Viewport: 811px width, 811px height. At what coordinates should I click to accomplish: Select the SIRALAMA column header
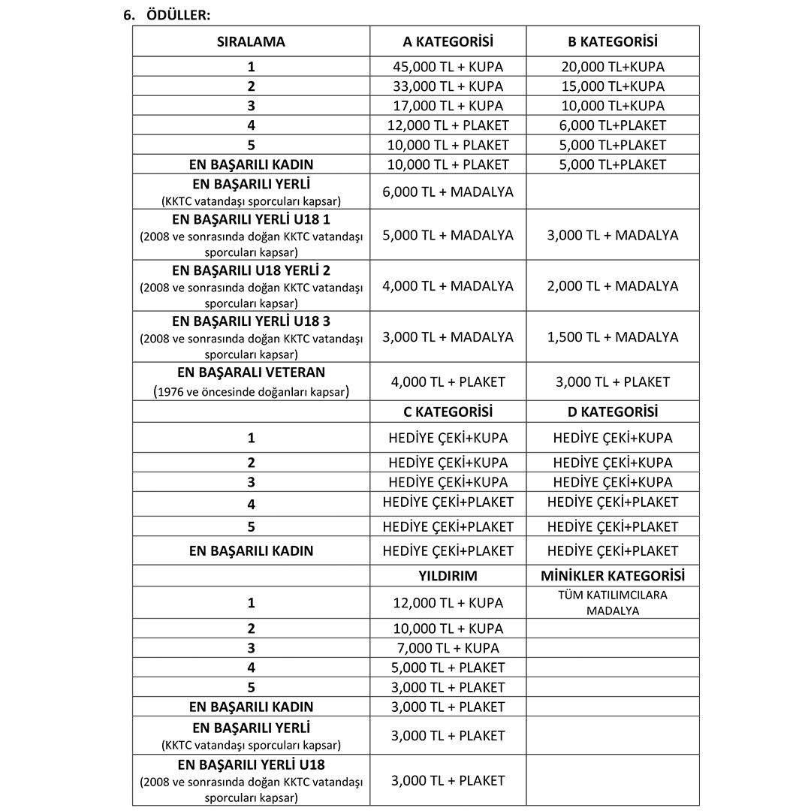tap(251, 42)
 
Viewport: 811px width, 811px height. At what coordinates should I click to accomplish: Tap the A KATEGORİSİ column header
tap(448, 42)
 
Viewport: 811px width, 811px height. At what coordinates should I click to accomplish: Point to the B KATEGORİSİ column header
tap(613, 42)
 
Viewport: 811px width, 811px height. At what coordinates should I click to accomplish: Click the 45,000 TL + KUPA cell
tap(448, 67)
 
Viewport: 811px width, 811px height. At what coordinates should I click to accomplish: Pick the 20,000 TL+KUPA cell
tap(613, 67)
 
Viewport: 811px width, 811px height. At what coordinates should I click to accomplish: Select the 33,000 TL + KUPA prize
tap(448, 86)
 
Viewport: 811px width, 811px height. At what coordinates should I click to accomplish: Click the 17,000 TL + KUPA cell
tap(448, 106)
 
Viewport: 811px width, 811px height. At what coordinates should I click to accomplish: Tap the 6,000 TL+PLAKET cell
tap(613, 125)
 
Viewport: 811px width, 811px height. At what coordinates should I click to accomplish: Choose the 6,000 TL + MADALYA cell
tap(448, 192)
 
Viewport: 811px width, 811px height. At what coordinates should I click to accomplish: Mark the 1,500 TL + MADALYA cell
tap(613, 337)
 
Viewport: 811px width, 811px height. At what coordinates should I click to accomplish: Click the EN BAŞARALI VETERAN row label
tap(251, 372)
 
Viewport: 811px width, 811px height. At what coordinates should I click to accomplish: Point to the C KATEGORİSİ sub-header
tap(448, 412)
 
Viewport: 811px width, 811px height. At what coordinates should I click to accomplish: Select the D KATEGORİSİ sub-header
tap(613, 412)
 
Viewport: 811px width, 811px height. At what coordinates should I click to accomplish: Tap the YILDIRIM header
tap(448, 576)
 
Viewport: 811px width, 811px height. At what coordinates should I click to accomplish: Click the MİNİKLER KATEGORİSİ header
tap(613, 576)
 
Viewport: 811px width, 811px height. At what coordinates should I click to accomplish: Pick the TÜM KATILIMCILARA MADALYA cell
tap(613, 603)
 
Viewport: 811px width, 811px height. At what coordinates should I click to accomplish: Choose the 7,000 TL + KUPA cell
tap(448, 648)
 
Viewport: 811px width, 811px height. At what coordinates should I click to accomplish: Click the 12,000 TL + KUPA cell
tap(448, 603)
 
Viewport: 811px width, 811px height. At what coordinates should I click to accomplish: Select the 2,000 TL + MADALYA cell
tap(613, 286)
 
